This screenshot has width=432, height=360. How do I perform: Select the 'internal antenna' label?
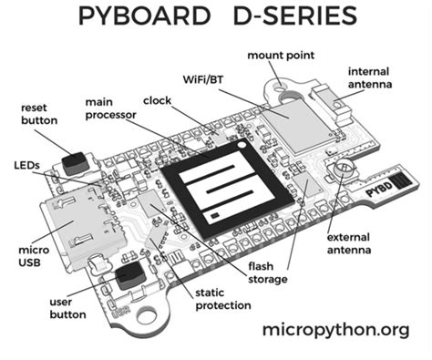tap(375, 77)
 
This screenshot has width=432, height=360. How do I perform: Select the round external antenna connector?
tap(345, 170)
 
